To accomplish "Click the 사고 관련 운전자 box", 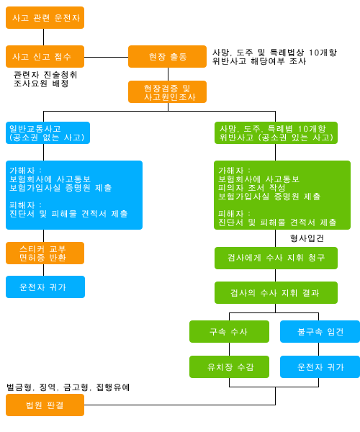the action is coord(45,17).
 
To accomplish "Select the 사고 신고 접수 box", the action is coord(45,56).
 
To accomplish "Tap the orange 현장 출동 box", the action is coord(167,56).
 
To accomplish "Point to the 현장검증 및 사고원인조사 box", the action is coord(167,91).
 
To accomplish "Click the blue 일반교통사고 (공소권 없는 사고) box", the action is coord(48,132).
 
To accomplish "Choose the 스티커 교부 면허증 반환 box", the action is coord(45,253).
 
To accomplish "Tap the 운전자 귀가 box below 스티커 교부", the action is coord(45,287).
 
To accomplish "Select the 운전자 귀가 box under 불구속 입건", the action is coord(320,366).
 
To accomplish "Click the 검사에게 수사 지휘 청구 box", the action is coord(276,258).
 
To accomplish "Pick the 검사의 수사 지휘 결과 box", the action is coord(276,292).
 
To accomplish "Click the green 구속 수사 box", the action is coord(229,331).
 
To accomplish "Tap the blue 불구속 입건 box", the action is coord(320,331).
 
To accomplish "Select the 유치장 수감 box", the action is coord(229,366).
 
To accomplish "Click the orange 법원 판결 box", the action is coord(45,405).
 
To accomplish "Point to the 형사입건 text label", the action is coord(307,238).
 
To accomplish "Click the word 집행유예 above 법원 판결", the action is coord(112,387).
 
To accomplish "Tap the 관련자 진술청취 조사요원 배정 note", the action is coord(45,79).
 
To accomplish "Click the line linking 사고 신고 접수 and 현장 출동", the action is coord(106,58).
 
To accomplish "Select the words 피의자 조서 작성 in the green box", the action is coord(251,188).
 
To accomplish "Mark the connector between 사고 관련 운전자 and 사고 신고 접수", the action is coord(43,37).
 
